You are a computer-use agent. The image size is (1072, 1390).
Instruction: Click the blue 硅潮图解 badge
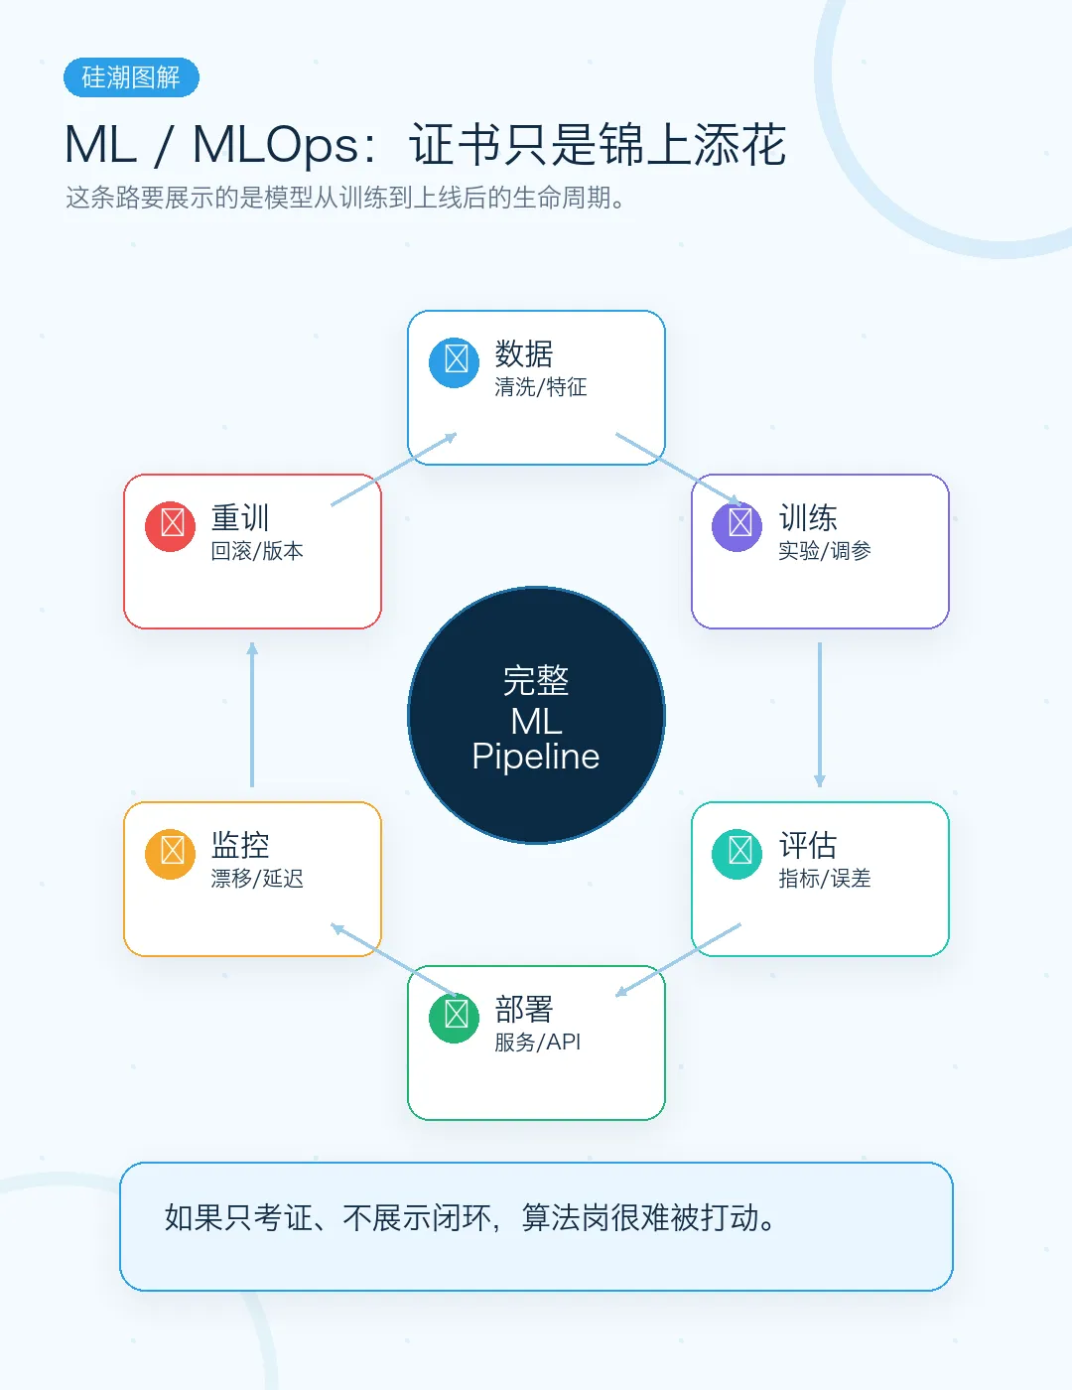131,77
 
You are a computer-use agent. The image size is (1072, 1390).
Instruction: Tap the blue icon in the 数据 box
454,362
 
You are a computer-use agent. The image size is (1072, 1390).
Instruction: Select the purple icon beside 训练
737,526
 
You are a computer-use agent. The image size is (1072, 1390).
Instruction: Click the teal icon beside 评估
737,854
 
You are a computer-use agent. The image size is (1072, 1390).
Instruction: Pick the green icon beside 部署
454,1018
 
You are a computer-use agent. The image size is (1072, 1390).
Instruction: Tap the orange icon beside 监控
170,854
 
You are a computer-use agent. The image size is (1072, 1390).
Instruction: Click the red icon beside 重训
170,526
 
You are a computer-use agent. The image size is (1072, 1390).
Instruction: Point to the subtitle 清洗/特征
541,387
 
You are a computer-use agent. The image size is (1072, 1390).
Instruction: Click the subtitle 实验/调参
825,551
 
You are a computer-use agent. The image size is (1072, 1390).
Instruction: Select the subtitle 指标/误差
825,879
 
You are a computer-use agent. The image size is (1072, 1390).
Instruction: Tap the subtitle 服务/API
538,1042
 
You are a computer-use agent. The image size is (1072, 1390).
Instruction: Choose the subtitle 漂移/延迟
257,879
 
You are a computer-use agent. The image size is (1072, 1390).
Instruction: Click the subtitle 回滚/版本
257,551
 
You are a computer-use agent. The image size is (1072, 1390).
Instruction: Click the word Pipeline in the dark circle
536,757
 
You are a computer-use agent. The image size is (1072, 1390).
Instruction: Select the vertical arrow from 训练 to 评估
820,715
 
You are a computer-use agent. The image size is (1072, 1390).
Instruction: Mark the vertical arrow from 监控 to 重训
252,715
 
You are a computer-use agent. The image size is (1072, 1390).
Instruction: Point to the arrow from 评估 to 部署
678,960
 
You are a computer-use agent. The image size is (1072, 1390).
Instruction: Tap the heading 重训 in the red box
240,517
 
